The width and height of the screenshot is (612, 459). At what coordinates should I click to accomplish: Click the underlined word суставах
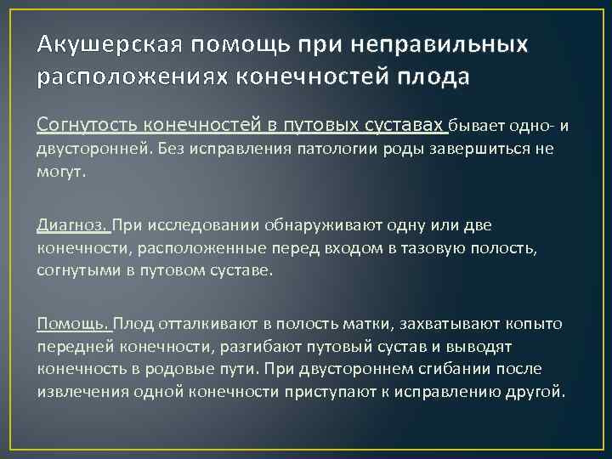404,126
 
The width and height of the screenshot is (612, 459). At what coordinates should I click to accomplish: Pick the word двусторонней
88,150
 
